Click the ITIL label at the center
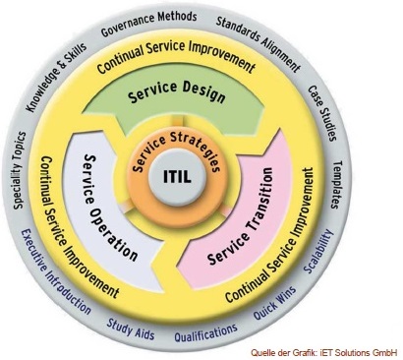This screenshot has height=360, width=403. click(x=177, y=177)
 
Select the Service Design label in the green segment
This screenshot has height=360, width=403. click(x=177, y=91)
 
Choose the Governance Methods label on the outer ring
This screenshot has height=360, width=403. click(x=149, y=23)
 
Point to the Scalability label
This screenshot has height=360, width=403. click(x=318, y=252)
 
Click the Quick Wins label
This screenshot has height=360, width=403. click(x=274, y=303)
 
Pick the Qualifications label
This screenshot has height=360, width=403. click(x=205, y=333)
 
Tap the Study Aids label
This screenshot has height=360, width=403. click(x=131, y=330)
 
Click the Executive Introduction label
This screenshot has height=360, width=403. click(x=54, y=271)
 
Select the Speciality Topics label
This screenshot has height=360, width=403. click(x=19, y=170)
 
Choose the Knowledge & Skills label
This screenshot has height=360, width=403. click(x=56, y=78)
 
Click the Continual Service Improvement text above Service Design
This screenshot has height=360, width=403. click(x=176, y=55)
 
